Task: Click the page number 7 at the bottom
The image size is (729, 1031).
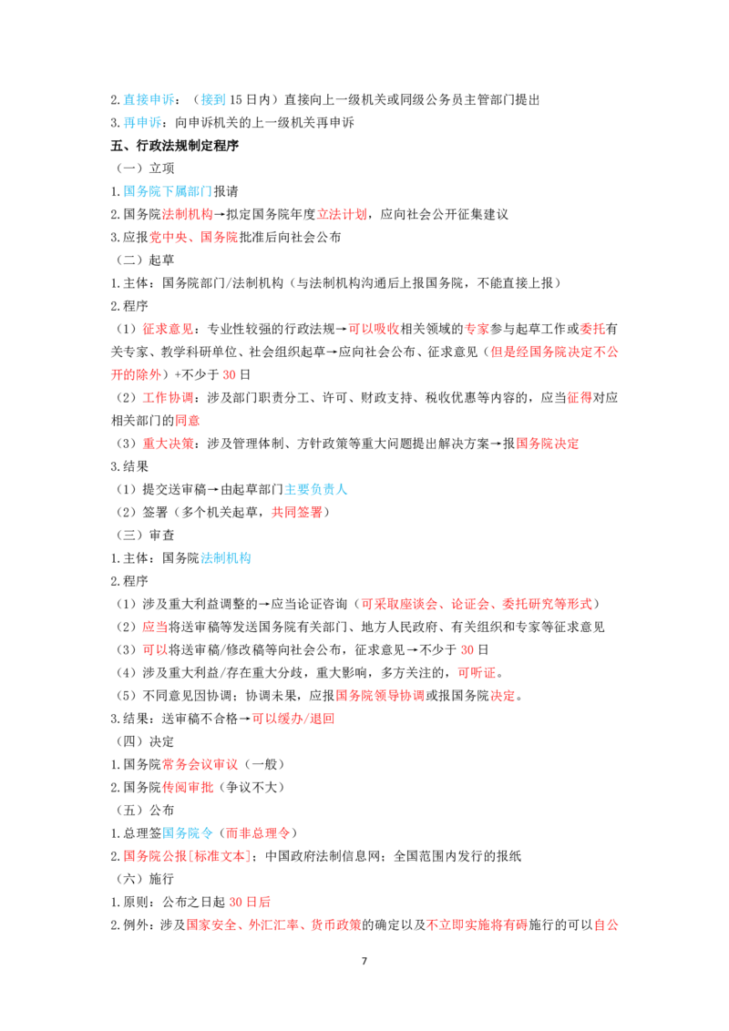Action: [364, 961]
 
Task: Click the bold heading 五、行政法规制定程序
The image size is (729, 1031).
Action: [174, 146]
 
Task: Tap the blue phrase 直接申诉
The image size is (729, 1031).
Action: [149, 99]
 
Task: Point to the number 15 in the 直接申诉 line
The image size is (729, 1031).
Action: [235, 99]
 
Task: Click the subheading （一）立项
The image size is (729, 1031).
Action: [146, 168]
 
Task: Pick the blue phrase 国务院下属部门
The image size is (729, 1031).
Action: [168, 191]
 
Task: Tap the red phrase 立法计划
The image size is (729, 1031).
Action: [342, 214]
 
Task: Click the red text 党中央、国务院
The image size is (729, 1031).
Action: [194, 238]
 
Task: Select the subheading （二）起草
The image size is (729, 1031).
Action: [146, 260]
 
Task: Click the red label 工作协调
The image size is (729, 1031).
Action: [168, 398]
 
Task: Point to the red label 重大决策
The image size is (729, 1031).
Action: [168, 444]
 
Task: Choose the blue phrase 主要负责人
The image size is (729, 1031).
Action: [316, 489]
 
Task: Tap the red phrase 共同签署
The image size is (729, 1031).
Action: [297, 512]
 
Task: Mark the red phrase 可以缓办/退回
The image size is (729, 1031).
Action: [293, 719]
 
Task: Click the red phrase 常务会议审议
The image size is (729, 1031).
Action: [200, 765]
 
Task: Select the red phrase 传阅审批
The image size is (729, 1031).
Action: [188, 788]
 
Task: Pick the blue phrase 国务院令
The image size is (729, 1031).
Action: [188, 833]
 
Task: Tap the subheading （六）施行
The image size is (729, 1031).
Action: [146, 879]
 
